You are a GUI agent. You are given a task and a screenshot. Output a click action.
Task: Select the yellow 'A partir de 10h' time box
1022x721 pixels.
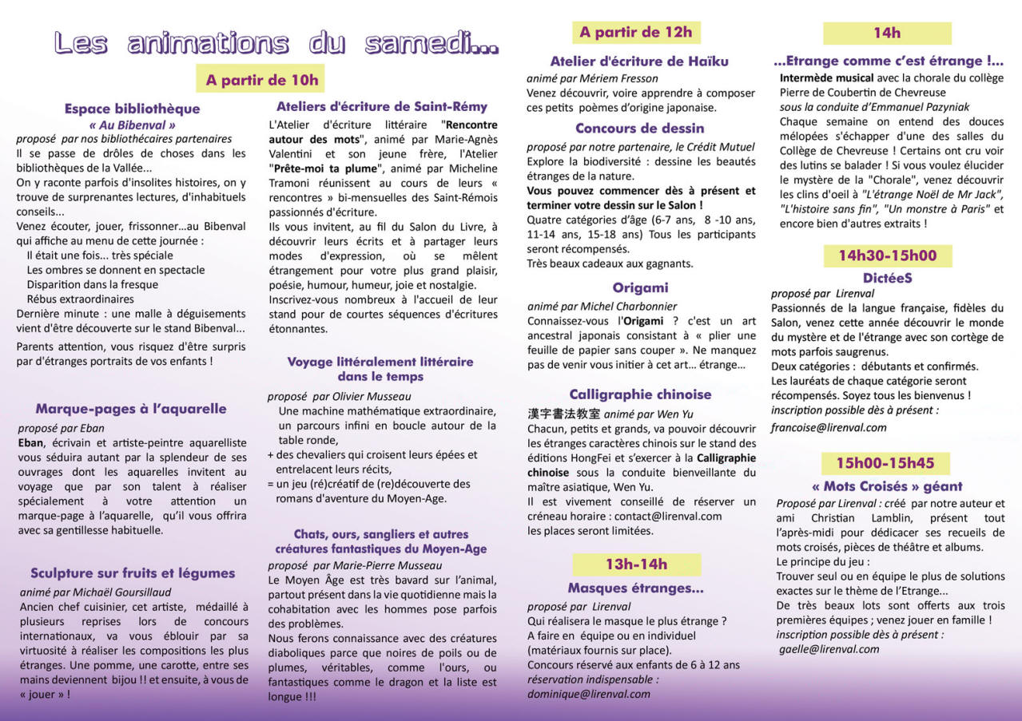pos(261,79)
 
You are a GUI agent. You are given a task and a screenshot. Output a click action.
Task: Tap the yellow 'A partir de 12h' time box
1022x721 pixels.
pos(636,32)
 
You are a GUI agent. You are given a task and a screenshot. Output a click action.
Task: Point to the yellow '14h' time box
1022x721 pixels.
pos(887,33)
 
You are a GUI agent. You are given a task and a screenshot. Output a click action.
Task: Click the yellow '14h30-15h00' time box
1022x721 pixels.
pos(887,256)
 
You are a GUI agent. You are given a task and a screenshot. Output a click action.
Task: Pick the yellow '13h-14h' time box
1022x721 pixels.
pos(636,565)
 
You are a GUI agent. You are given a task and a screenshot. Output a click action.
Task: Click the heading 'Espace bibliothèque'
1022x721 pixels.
pos(132,109)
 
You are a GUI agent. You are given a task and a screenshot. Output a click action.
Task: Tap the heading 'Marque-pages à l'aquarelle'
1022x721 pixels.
pos(131,409)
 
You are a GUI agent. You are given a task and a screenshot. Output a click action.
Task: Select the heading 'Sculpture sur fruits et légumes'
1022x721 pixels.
pos(133,572)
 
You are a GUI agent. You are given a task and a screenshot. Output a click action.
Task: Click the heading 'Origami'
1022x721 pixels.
pos(640,287)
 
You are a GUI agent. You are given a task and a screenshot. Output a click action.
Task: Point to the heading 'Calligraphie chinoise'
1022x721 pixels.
pos(640,394)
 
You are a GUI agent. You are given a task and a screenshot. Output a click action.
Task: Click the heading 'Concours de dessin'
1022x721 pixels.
pos(639,128)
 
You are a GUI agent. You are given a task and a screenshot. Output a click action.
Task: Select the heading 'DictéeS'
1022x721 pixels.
pos(887,278)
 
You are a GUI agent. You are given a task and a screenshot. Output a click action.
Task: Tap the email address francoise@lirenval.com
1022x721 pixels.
pos(829,427)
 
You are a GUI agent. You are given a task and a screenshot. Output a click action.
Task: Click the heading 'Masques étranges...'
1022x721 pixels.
pos(635,588)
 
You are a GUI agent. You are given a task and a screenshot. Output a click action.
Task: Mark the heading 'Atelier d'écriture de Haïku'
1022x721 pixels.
pos(639,61)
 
